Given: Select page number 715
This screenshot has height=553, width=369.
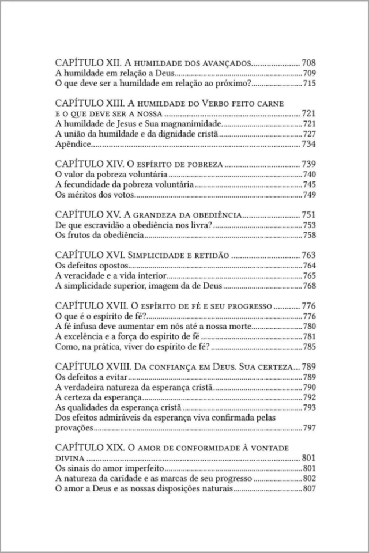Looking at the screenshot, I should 309,85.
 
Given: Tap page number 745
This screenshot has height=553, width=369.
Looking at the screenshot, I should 309,185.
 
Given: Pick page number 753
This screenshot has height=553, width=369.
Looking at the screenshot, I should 309,226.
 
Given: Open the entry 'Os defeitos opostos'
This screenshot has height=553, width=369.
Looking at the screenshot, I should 91,266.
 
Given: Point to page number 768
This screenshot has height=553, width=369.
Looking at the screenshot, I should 309,287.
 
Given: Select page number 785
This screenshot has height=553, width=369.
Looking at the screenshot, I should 309,348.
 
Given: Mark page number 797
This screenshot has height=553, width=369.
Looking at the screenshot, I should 309,429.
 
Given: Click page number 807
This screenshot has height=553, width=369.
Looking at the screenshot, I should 309,489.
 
